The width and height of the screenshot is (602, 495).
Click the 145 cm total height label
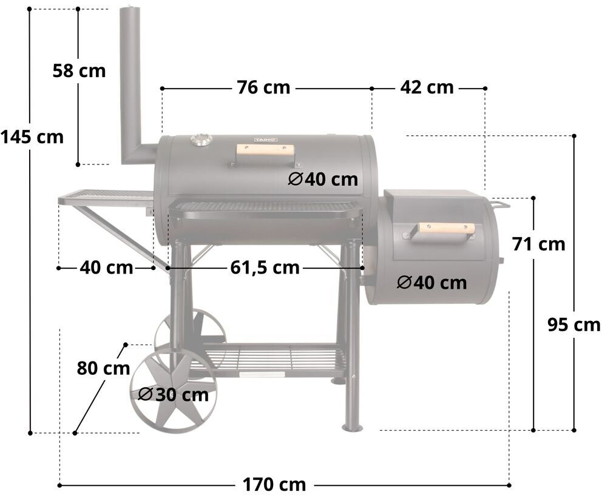coord(32,137)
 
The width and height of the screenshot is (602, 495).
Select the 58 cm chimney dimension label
coord(79,71)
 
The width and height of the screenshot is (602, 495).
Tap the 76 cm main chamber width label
coord(263,87)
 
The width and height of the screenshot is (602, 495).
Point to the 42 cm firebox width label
coord(427,87)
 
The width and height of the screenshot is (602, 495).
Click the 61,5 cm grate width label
coord(265,268)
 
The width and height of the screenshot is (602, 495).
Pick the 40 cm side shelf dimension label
coord(106,268)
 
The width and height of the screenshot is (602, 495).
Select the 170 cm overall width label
coord(274,485)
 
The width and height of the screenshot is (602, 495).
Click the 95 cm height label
coord(573,325)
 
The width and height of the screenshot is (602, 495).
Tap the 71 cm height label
coord(539,244)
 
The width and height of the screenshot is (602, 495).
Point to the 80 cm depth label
coord(104,368)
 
